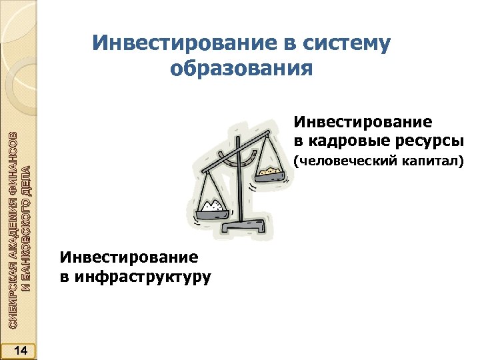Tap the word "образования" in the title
coord(241,68)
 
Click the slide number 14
coord(20,350)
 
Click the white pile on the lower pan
coord(215,205)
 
